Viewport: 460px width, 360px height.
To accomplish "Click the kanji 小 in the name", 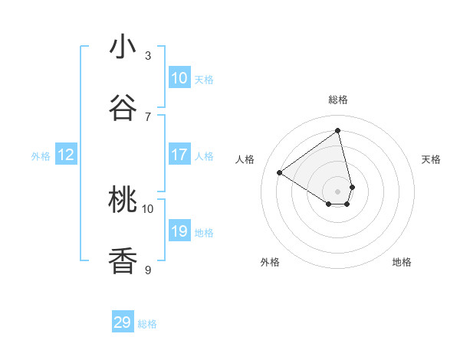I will [x=123, y=47].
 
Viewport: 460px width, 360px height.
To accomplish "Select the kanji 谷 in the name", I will [x=123, y=109].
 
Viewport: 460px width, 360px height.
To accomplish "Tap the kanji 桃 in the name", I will [x=123, y=200].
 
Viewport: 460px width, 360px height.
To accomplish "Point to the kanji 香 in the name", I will [x=123, y=261].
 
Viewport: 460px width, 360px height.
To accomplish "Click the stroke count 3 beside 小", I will [x=148, y=55].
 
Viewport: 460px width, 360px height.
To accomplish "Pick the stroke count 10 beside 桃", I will [x=148, y=208].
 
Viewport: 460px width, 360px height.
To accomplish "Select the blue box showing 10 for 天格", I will [x=179, y=78].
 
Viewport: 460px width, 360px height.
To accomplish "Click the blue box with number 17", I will [x=179, y=155].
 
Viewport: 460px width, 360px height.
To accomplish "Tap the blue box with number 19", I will [x=179, y=231].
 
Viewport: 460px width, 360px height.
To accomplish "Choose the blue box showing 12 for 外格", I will [x=66, y=155].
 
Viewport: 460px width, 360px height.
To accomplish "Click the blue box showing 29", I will [x=123, y=322].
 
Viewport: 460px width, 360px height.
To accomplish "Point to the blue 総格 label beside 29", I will [x=147, y=324].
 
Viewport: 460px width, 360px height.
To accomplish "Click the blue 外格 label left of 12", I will [x=41, y=156].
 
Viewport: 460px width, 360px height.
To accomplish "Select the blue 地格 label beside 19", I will [x=204, y=233].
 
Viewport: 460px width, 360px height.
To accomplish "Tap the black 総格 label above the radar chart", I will [x=338, y=100].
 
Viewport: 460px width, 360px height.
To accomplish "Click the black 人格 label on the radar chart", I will [x=245, y=159].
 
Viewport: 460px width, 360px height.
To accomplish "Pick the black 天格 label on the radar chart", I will [x=431, y=159].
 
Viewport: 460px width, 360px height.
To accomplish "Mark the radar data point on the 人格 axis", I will [x=280, y=172].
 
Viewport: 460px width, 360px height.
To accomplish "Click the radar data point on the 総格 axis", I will [x=338, y=131].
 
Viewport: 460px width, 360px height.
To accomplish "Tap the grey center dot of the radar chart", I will [x=338, y=191].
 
